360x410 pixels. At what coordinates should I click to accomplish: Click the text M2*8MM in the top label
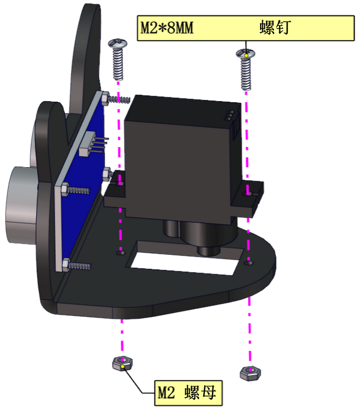click(x=167, y=28)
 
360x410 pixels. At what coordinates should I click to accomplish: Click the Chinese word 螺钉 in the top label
click(x=275, y=28)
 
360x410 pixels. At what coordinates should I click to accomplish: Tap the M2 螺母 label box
click(x=188, y=393)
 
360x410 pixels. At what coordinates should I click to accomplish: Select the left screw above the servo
click(x=118, y=59)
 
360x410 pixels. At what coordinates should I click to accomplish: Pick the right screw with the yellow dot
click(x=245, y=69)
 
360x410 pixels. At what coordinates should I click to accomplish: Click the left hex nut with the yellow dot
click(x=122, y=363)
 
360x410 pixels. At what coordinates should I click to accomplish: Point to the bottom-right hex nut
click(x=250, y=373)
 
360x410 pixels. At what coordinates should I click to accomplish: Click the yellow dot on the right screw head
click(x=246, y=55)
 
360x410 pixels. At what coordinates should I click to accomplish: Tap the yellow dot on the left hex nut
click(x=123, y=367)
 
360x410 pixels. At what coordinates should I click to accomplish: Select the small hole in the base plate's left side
click(x=121, y=253)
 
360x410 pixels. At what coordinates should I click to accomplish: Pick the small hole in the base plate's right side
click(x=249, y=262)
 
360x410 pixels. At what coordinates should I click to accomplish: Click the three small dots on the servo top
click(x=229, y=115)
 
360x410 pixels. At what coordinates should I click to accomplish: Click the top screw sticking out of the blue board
click(x=116, y=98)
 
